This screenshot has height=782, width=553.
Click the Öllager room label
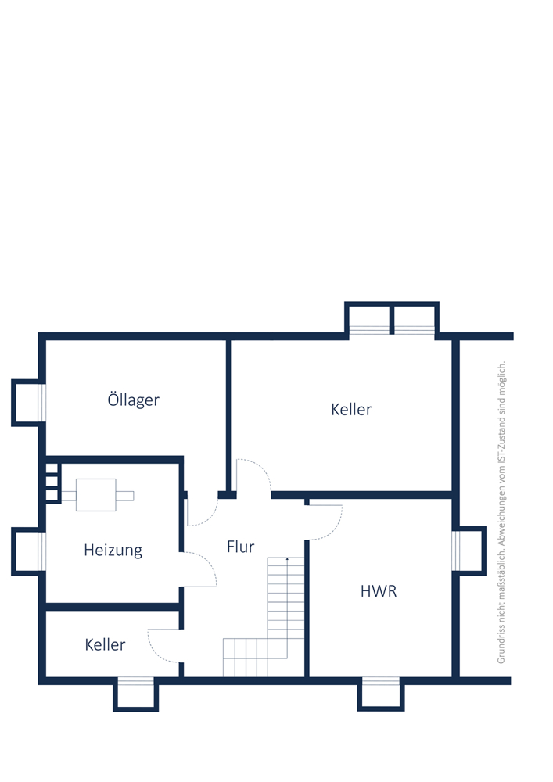point(133,400)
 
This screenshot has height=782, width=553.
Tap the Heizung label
point(113,550)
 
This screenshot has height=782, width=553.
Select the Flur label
point(240,547)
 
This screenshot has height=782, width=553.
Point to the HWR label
point(379,591)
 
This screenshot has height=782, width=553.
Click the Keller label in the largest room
point(351,410)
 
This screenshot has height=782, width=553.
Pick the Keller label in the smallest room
point(105,644)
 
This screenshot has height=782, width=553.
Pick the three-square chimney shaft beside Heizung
point(52,482)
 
